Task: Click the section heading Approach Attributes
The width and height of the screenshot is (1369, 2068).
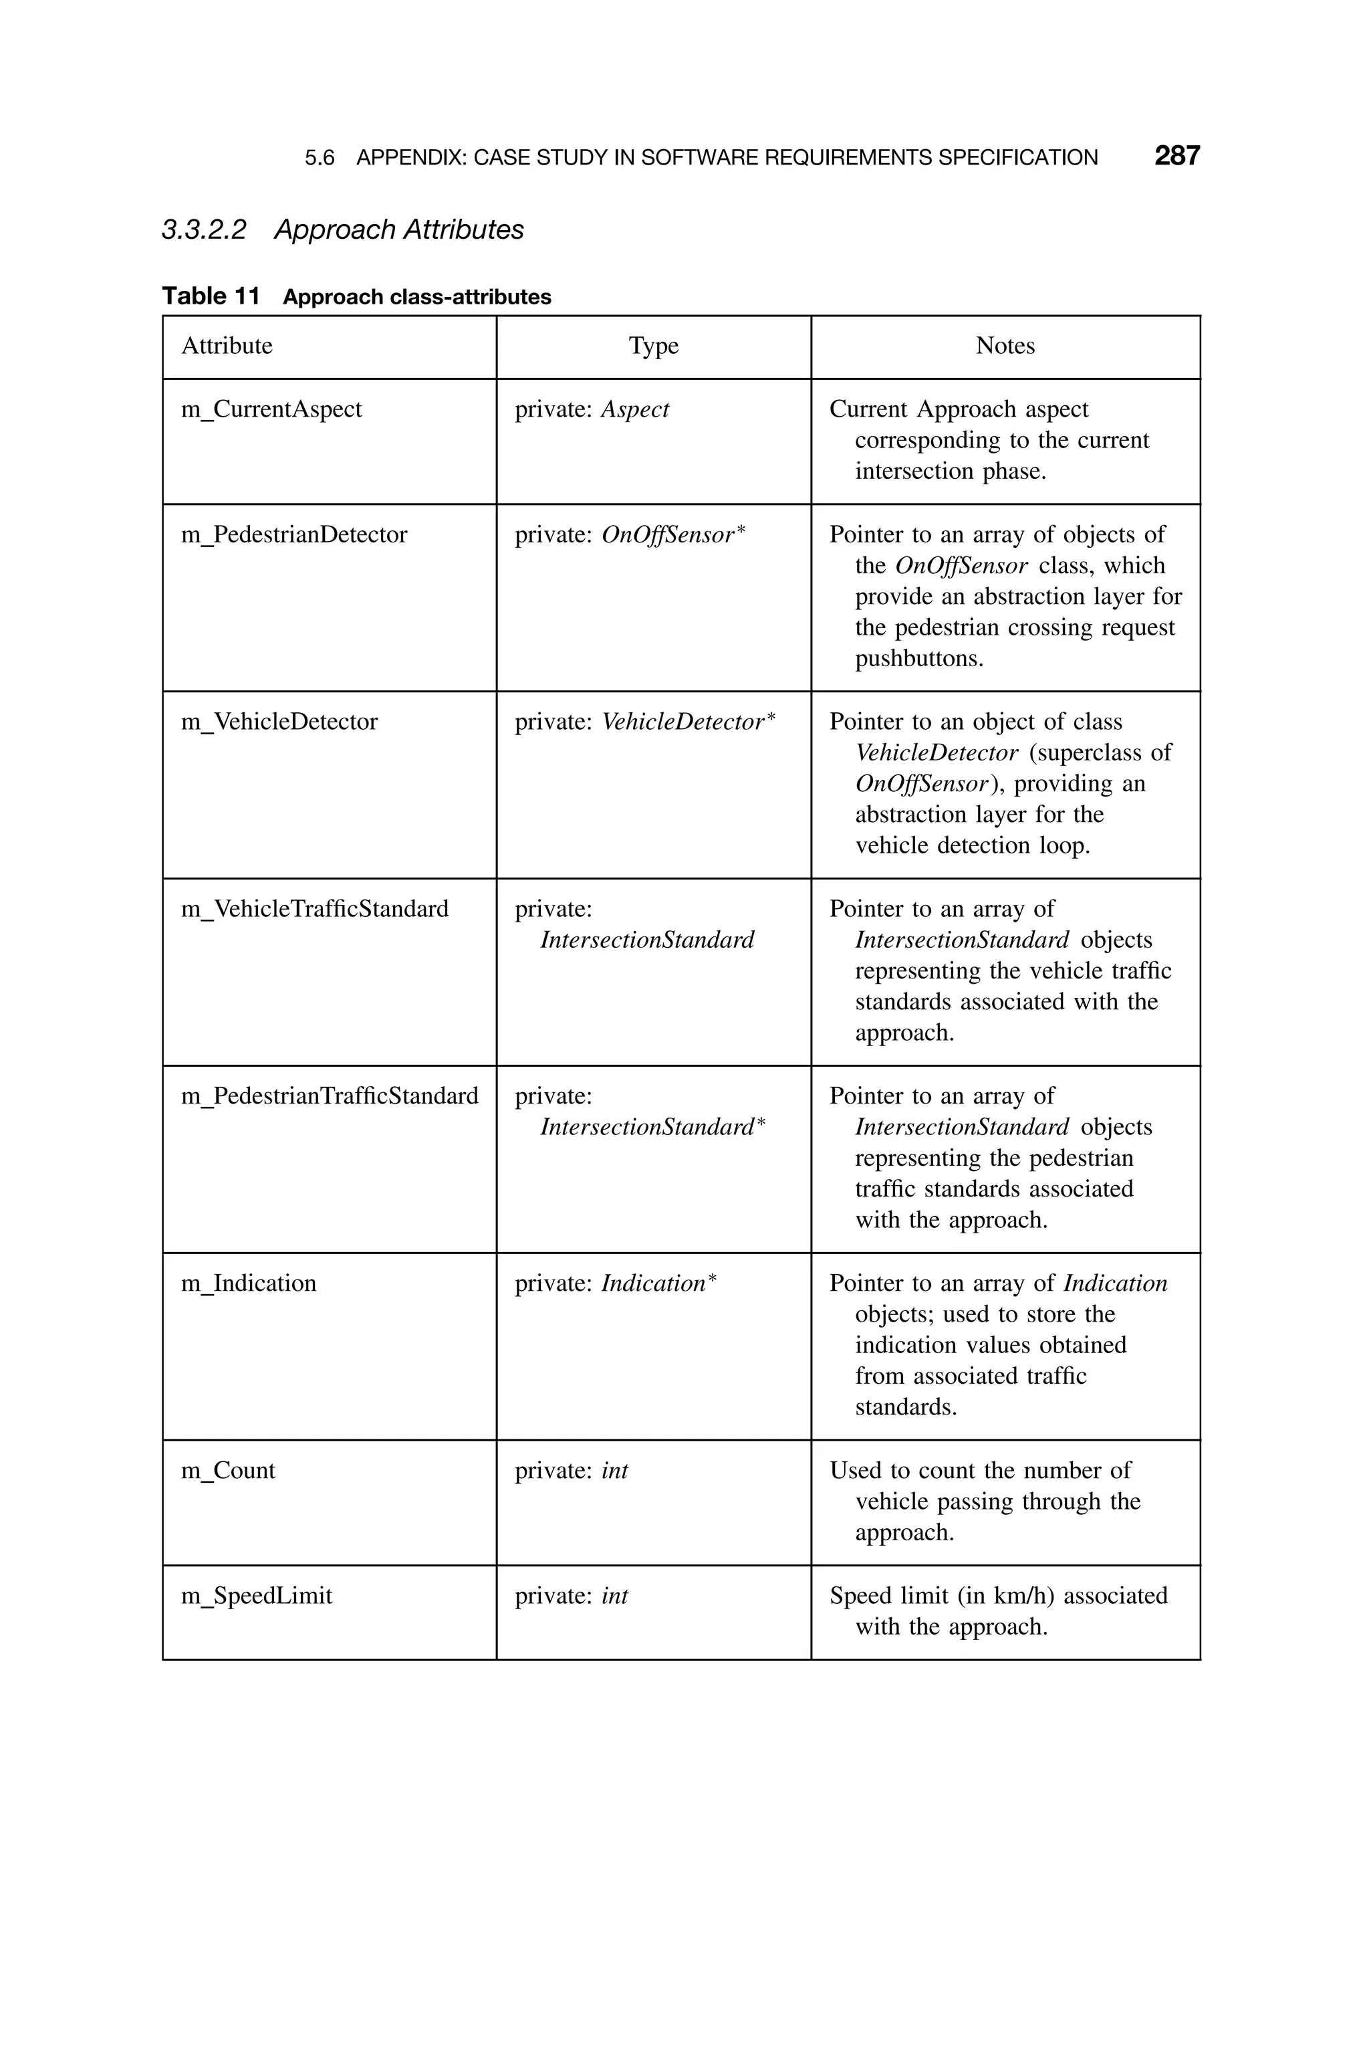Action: click(398, 229)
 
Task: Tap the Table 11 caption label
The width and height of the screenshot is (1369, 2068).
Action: click(211, 296)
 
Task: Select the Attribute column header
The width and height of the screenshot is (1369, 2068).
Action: click(227, 346)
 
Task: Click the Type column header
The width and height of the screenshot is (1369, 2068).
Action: click(653, 346)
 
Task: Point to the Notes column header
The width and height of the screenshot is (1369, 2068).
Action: click(1005, 346)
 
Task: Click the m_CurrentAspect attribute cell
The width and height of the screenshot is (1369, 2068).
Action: click(271, 409)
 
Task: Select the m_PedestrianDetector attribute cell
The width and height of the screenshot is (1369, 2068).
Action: click(294, 534)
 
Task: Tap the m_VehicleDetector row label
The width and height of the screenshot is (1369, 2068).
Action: click(279, 722)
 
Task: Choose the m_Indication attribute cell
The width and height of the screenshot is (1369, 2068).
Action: click(249, 1283)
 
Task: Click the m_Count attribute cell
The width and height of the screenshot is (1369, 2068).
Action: click(228, 1471)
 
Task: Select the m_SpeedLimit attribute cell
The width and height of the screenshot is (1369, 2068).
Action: click(257, 1596)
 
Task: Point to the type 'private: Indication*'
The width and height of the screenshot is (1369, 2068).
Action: click(616, 1283)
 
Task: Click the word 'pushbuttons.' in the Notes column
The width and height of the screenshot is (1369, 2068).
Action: click(919, 659)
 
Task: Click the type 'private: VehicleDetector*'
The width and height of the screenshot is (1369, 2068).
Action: click(645, 722)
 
